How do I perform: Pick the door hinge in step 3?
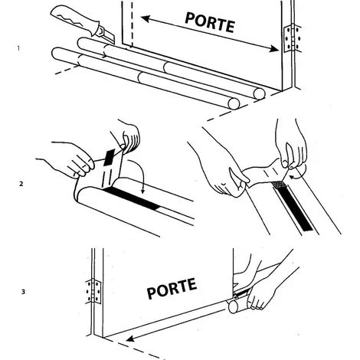94,292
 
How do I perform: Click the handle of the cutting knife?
74,16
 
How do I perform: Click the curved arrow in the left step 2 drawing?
140,173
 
